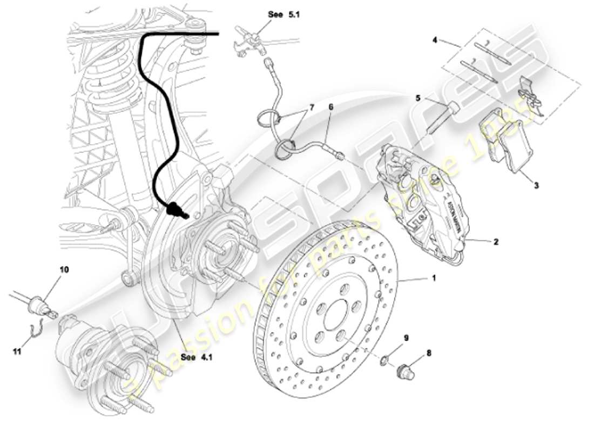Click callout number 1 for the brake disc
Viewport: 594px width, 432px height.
[433, 279]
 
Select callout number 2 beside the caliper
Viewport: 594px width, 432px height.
[495, 242]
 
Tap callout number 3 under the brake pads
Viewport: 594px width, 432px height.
[536, 185]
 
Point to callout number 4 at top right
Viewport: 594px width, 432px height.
[435, 39]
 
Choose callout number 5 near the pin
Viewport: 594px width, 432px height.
[418, 98]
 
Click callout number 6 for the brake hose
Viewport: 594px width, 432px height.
[330, 107]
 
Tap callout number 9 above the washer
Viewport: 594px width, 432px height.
[407, 338]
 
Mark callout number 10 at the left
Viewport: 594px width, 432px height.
[64, 269]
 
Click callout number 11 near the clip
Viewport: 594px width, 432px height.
[17, 351]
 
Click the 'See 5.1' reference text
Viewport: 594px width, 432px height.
[283, 15]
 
